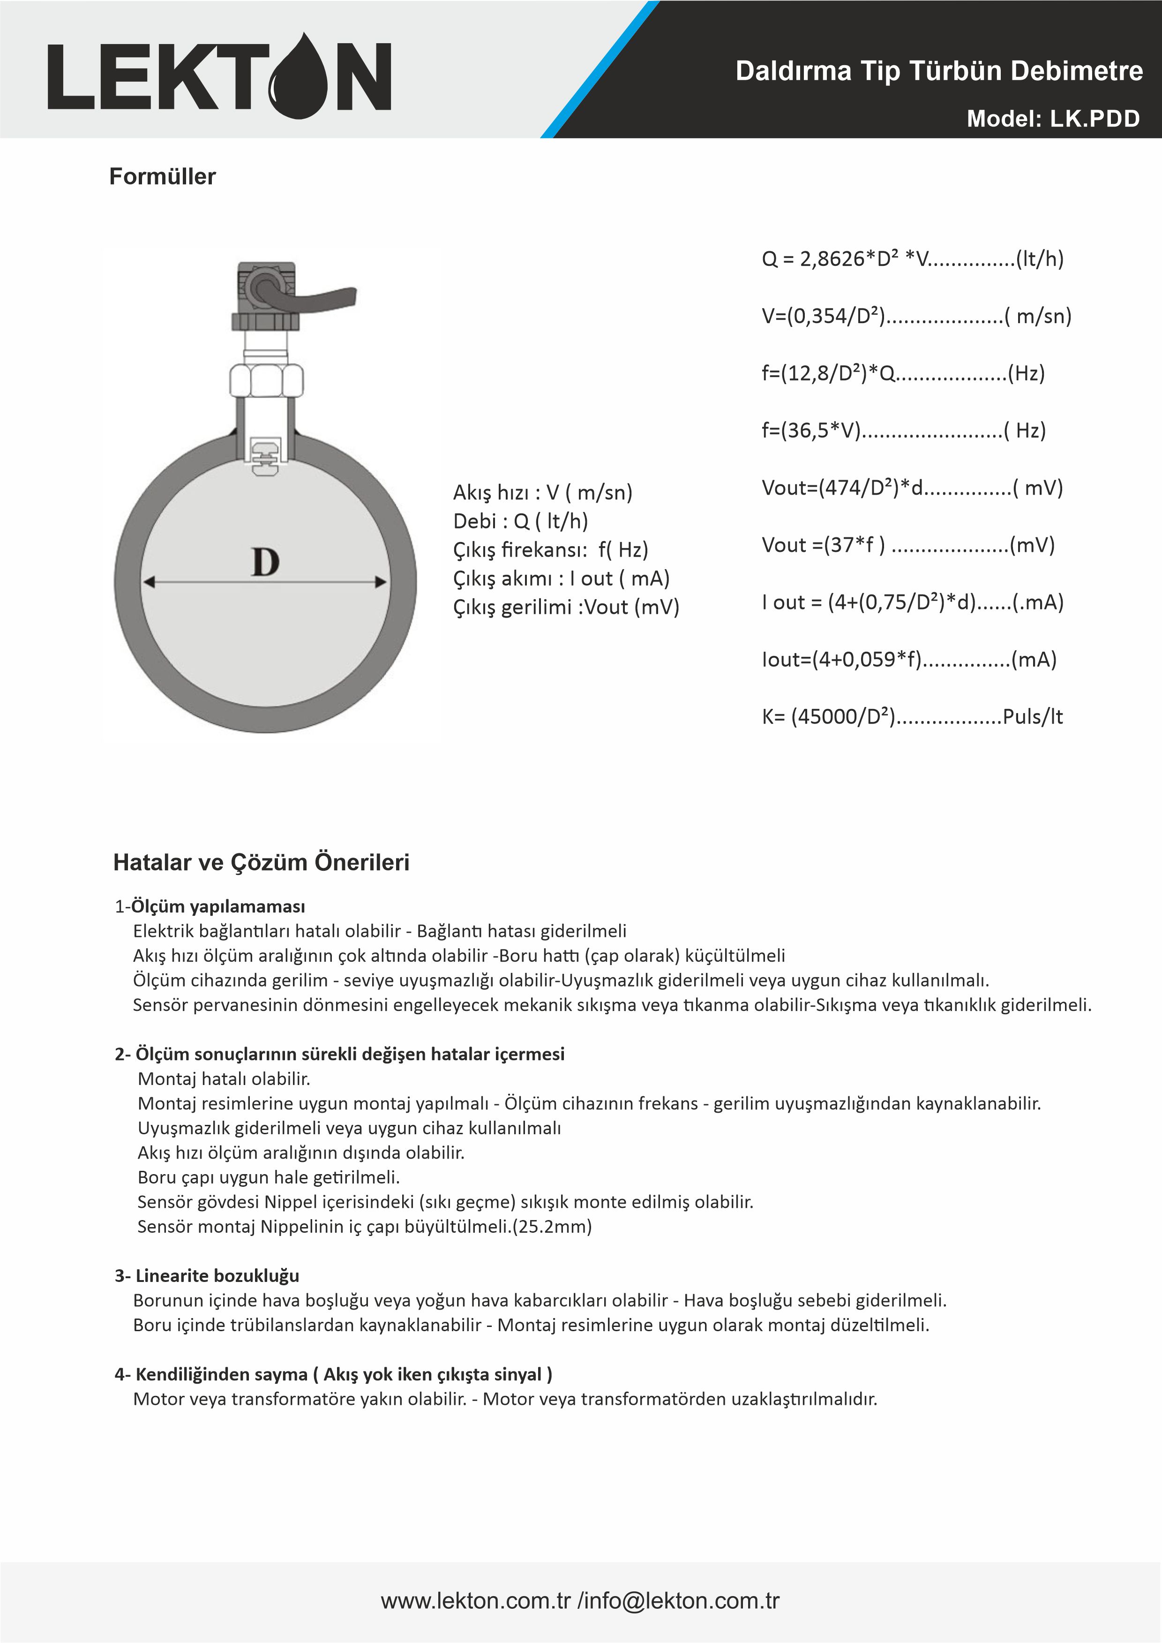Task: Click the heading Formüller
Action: tap(163, 177)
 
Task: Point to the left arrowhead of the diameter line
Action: tap(149, 582)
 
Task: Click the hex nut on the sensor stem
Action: tap(266, 379)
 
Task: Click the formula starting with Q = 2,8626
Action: tap(912, 259)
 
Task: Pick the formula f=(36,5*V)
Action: tap(903, 431)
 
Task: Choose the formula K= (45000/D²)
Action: tap(912, 717)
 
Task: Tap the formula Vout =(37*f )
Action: tap(908, 545)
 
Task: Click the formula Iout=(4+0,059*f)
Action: tap(909, 660)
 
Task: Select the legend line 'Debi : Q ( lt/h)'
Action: tap(520, 521)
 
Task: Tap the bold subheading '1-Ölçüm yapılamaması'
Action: tap(210, 907)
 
